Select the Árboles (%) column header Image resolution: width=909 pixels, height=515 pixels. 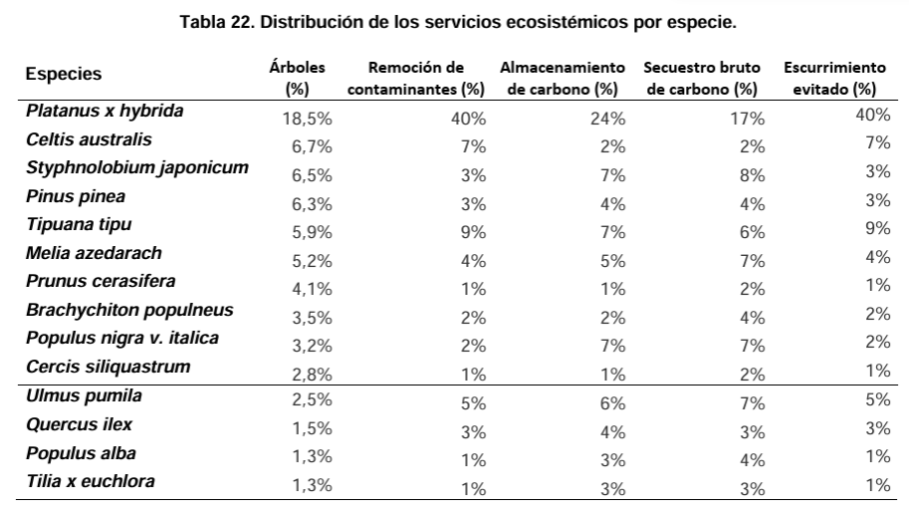[290, 79]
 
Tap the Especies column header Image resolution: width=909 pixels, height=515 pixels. [64, 74]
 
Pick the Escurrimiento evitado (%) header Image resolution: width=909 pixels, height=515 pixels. [834, 79]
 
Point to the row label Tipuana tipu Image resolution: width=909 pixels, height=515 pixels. [79, 224]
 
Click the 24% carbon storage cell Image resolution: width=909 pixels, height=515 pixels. [609, 118]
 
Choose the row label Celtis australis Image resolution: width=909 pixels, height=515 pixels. [89, 139]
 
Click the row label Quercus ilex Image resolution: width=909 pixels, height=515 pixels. [79, 424]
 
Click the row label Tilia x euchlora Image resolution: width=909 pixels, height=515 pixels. [91, 482]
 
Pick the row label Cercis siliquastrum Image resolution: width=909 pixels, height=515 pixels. [108, 367]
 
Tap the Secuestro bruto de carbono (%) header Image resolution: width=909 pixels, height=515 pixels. [702, 79]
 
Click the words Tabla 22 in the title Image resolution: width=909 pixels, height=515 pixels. [211, 21]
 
